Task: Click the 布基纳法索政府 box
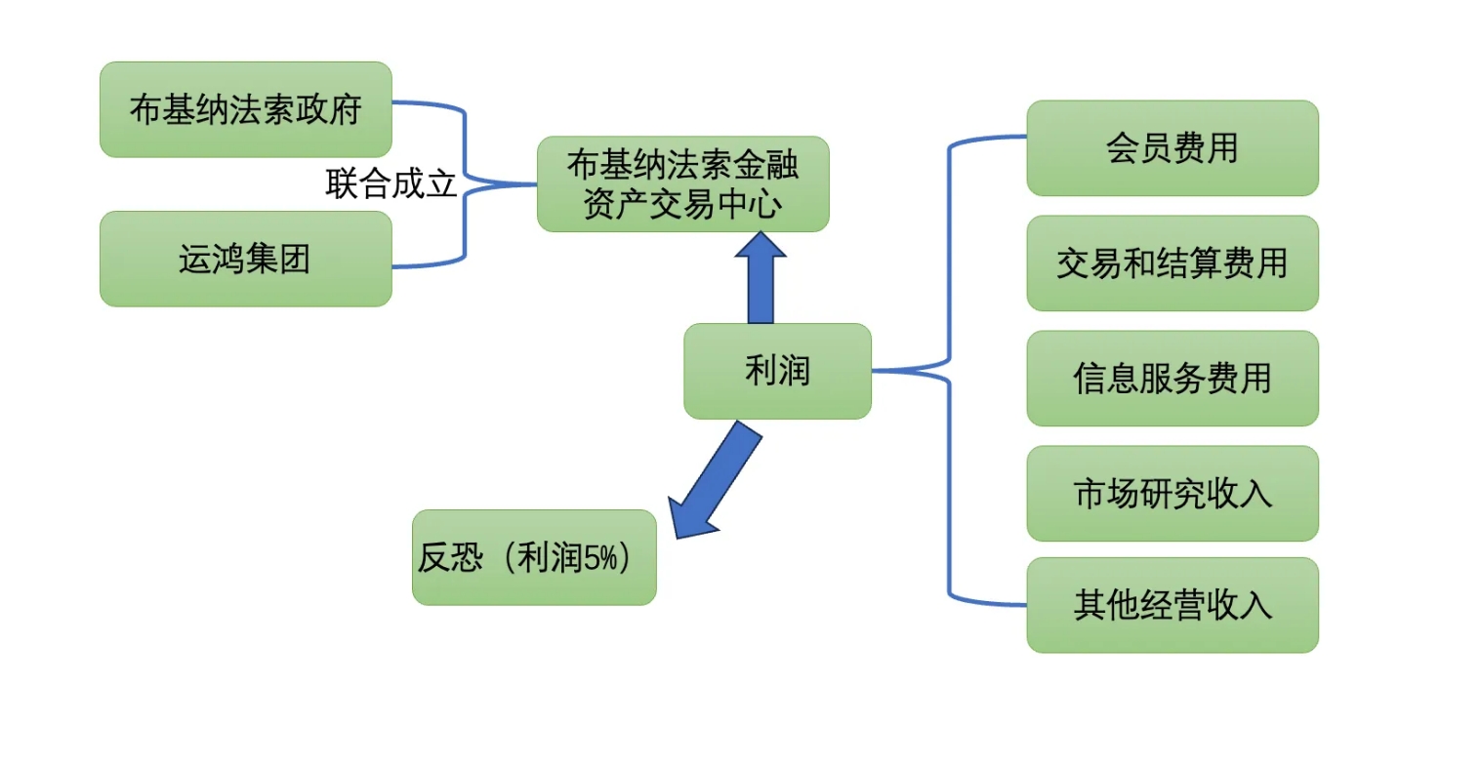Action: click(245, 109)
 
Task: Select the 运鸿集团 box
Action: click(245, 259)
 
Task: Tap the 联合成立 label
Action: click(391, 183)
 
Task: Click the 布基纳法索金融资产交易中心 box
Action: click(682, 184)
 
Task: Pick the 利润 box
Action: click(777, 371)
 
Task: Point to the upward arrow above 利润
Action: click(761, 278)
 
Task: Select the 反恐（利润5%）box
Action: click(534, 557)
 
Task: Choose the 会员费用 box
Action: click(1172, 148)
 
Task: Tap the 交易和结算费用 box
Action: click(1172, 263)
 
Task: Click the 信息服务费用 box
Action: click(1172, 379)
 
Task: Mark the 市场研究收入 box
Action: click(1172, 494)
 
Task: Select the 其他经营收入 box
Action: click(1172, 605)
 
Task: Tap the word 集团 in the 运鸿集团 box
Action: click(278, 259)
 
